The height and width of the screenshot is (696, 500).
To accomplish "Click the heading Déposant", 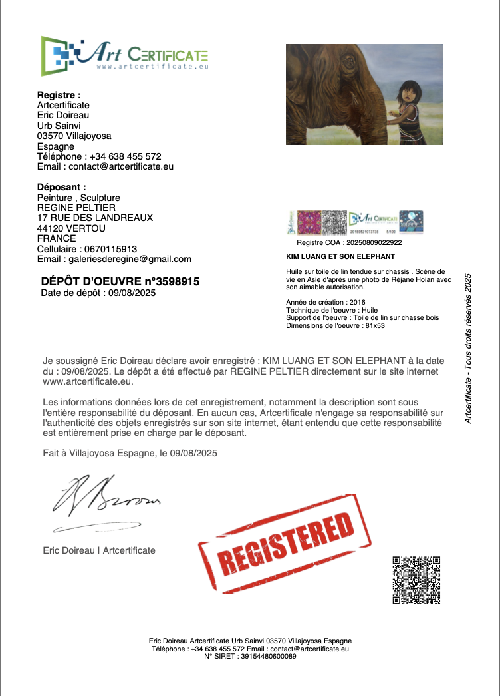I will tap(61, 188).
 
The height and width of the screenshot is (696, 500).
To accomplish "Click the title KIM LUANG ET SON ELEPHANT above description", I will tap(340, 256).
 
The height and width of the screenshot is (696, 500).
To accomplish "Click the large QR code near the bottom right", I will tap(416, 580).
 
